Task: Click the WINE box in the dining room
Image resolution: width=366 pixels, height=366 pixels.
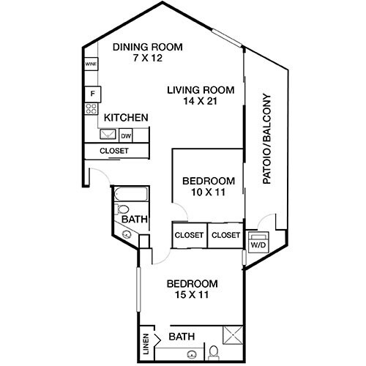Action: coord(91,64)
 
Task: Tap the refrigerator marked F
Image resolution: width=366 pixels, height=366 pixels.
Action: coord(92,94)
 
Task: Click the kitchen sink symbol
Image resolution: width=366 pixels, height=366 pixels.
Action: coord(108,135)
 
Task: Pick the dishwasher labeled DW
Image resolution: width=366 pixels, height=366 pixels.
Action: coord(126,135)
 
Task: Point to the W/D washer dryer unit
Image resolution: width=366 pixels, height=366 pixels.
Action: coord(258,244)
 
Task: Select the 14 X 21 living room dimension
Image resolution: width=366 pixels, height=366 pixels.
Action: coord(199,103)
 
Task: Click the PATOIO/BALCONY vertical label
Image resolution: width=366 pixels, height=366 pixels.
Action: coord(266,138)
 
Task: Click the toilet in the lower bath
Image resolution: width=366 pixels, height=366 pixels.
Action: coord(213,353)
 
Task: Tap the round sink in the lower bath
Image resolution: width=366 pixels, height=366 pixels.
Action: coord(191,355)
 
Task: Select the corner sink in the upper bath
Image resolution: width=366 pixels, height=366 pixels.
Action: coord(126,235)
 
